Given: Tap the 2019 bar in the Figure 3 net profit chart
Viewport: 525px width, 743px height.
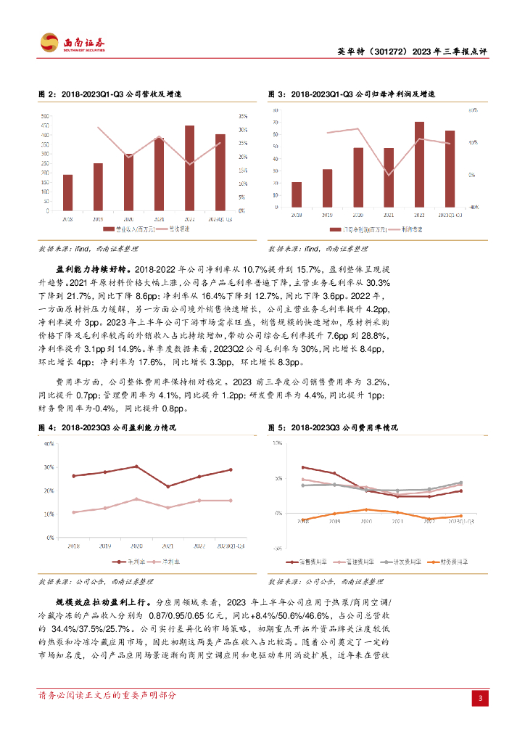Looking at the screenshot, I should tap(328, 188).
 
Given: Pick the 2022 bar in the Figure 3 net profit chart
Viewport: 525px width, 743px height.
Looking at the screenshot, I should tap(419, 164).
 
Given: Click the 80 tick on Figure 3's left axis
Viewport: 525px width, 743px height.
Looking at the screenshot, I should tap(276, 110).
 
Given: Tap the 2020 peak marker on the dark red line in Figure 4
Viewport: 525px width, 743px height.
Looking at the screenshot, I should tap(136, 467).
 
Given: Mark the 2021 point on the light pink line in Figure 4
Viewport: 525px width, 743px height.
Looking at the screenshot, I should tap(168, 507).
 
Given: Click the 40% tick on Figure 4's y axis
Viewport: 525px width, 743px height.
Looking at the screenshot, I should tap(49, 443).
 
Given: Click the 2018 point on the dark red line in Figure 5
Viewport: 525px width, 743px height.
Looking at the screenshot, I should tap(302, 467).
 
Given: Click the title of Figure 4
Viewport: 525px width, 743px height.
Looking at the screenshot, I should tap(107, 428).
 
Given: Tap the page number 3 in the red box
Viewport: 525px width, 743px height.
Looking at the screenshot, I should tap(480, 698).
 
